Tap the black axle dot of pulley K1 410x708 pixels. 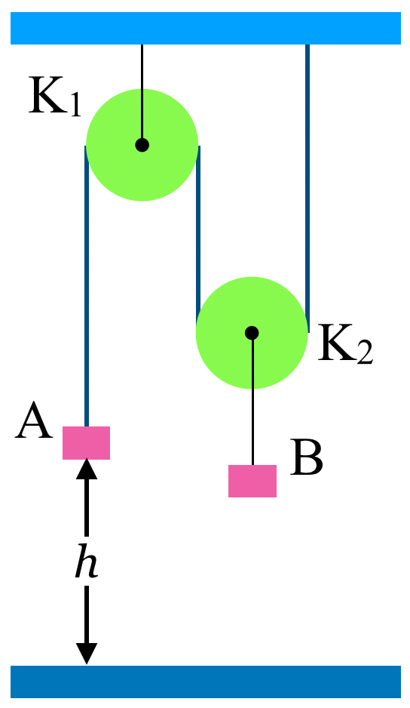point(142,145)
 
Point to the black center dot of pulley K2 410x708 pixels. point(252,333)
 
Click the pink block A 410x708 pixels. point(86,443)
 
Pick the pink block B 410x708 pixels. point(252,481)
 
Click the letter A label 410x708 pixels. point(34,421)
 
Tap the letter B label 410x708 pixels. point(307,457)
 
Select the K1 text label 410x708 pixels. point(54,97)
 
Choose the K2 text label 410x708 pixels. point(345,343)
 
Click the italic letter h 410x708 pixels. point(87,562)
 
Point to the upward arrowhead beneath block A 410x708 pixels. point(87,468)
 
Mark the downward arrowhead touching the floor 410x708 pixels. point(87,654)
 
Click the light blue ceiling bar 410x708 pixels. point(206,28)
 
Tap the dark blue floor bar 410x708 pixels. point(206,682)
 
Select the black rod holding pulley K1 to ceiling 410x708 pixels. point(142,91)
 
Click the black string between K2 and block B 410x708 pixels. point(252,402)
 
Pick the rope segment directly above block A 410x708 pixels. point(87,286)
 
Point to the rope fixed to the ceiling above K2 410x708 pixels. point(307,188)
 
